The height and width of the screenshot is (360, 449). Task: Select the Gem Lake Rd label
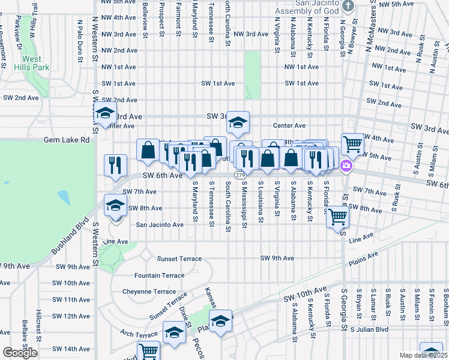[66, 140]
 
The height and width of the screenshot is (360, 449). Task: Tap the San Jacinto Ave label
[160, 225]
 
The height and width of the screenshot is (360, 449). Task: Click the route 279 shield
[240, 175]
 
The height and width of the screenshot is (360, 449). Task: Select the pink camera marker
[346, 166]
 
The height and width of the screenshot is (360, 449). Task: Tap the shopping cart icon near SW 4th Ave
[352, 143]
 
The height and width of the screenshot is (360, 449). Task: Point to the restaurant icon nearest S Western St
[114, 165]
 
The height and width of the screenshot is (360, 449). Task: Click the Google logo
[20, 353]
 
